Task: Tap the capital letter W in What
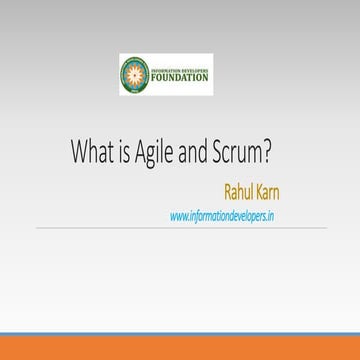pyautogui.click(x=79, y=153)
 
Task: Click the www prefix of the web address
pyautogui.click(x=178, y=214)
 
